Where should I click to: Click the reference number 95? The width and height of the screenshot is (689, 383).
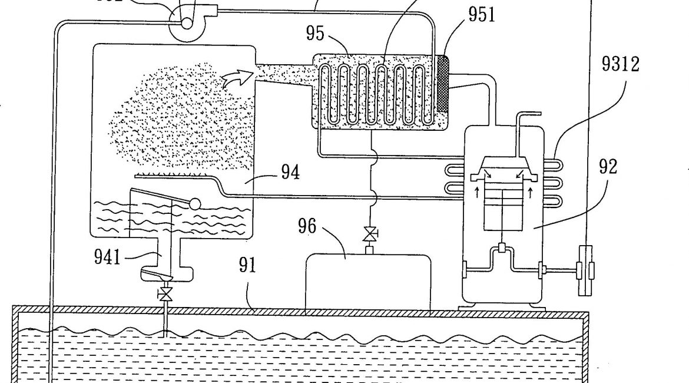[315, 34]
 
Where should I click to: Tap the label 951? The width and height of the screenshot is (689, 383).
[482, 14]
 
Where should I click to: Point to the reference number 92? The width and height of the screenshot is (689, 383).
[608, 167]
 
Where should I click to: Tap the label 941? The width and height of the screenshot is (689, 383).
[108, 256]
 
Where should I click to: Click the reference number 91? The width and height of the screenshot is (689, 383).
[247, 265]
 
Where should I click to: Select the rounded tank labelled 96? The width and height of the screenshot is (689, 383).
[369, 281]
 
